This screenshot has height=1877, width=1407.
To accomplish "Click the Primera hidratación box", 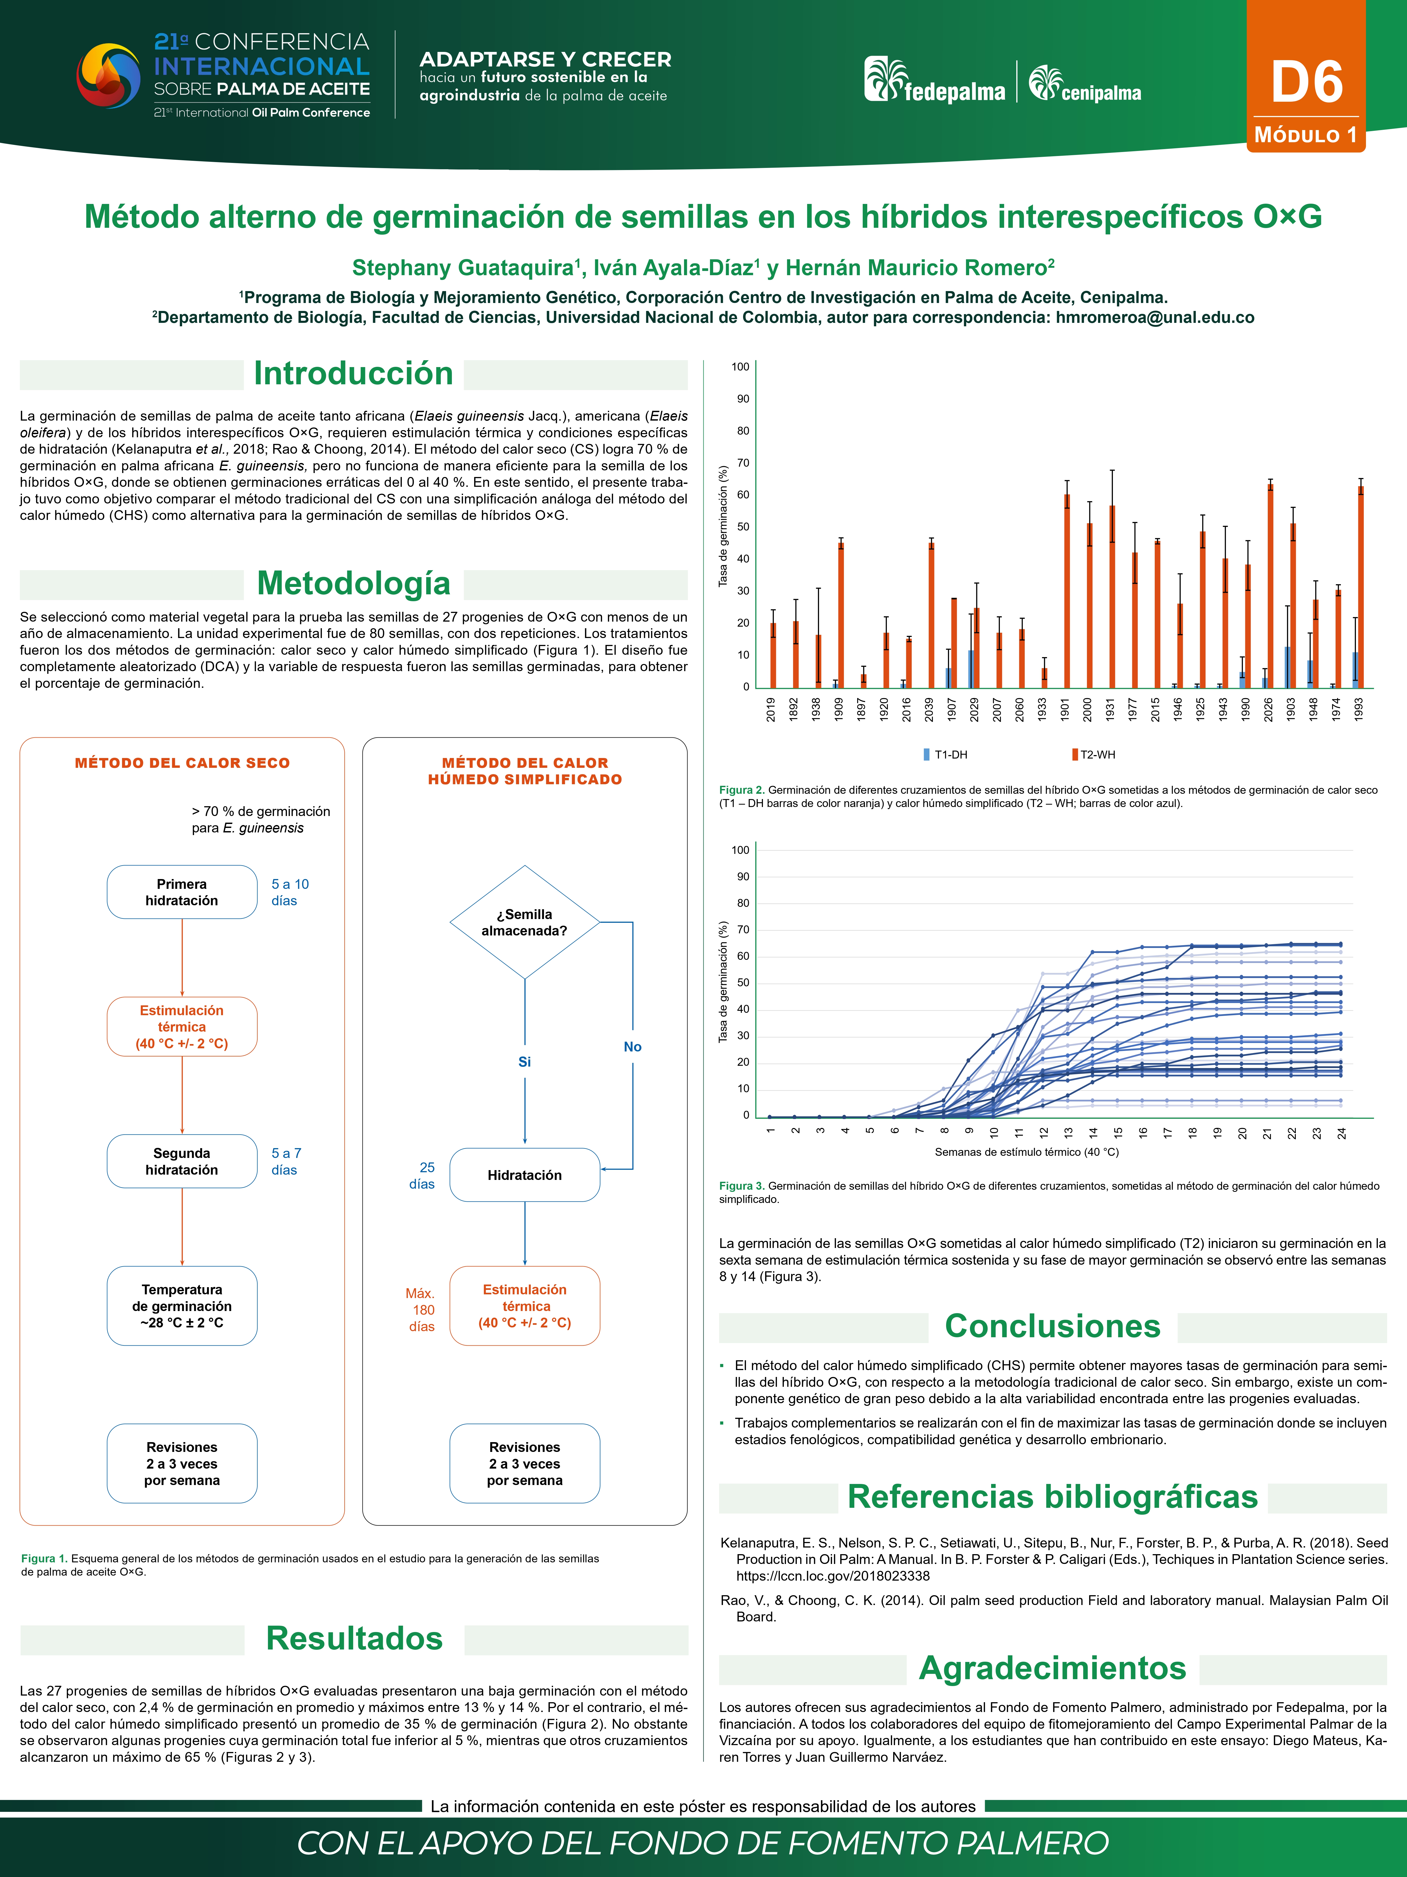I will (x=182, y=892).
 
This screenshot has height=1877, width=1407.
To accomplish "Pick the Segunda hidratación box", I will (x=182, y=1161).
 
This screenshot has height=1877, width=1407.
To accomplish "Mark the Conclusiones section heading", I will (x=1053, y=1326).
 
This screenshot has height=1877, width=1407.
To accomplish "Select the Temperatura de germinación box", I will (x=182, y=1306).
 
